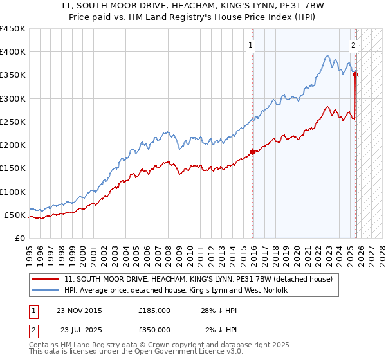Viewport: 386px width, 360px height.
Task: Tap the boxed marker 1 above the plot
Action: click(250, 45)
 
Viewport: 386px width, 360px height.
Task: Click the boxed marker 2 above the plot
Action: click(354, 45)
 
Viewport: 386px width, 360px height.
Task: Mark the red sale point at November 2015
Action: click(253, 152)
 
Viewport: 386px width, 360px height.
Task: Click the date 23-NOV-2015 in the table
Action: click(79, 310)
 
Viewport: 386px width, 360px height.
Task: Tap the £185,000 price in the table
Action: click(154, 310)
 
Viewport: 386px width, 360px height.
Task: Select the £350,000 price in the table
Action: click(154, 330)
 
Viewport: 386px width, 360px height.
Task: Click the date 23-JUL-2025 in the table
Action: click(79, 330)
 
